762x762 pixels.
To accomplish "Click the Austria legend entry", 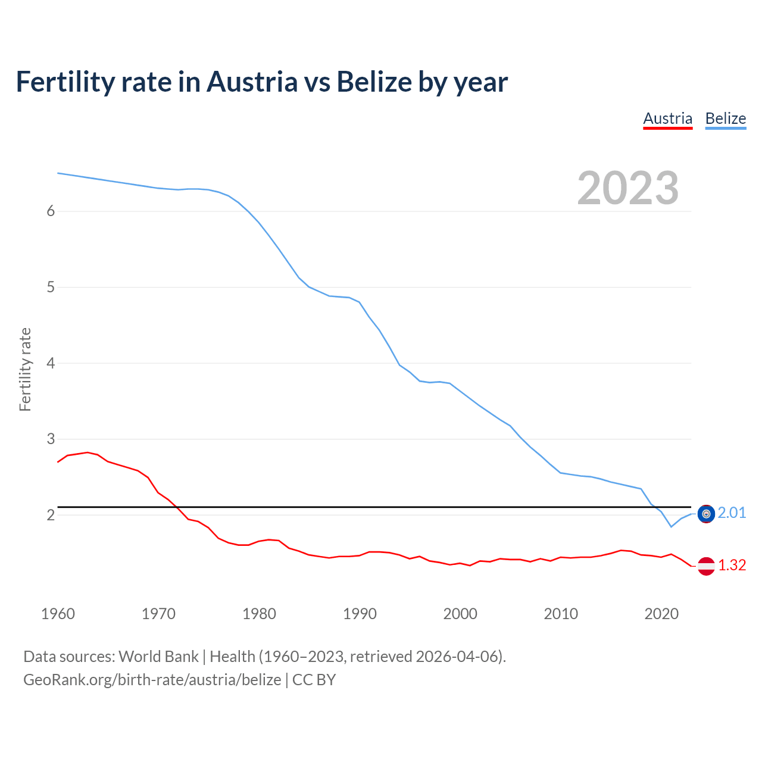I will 667,118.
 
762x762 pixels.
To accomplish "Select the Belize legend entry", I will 725,118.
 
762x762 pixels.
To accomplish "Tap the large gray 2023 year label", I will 627,188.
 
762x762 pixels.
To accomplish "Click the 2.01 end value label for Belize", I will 732,513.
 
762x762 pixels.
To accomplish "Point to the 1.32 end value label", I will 732,566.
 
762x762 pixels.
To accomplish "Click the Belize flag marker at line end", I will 706,514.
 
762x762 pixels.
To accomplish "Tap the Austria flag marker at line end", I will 706,566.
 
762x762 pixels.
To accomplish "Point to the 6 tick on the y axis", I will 51,211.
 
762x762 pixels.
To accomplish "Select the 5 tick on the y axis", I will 51,288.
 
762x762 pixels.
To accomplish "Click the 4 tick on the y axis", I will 51,363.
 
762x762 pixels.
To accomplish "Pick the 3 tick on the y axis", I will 51,439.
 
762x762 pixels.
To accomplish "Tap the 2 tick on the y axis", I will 51,515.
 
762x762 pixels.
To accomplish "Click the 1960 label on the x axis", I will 58,614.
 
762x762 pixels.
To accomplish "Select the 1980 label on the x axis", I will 259,614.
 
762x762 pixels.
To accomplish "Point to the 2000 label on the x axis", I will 460,614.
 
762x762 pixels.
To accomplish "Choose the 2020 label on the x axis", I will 661,614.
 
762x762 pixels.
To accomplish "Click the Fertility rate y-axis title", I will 25,369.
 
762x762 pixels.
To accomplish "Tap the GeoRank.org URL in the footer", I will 152,680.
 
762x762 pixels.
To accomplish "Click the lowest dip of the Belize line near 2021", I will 671,526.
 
